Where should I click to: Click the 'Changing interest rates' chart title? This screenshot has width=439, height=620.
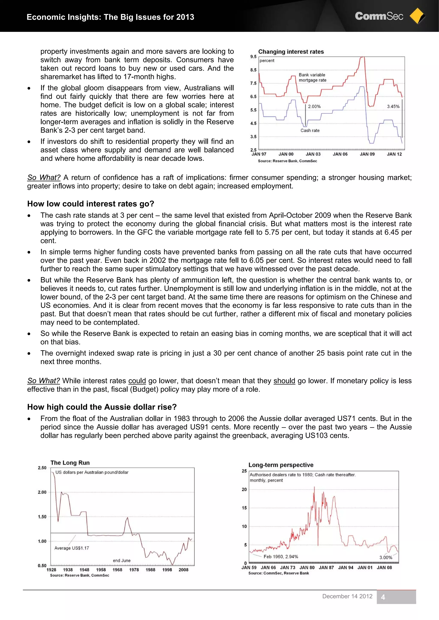click(291, 52)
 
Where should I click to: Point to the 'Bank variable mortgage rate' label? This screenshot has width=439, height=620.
click(312, 77)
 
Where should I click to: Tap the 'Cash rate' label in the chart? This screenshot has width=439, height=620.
click(310, 130)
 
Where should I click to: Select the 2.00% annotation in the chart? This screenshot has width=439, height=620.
click(314, 107)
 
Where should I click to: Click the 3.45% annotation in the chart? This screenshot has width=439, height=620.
click(393, 107)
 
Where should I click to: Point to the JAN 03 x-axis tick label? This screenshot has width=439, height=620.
click(313, 154)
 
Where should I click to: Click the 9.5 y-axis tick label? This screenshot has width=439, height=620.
click(253, 57)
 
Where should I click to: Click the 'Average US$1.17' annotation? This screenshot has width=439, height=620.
click(71, 548)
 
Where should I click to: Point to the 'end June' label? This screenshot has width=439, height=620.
click(122, 560)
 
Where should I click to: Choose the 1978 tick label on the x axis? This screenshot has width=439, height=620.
click(134, 570)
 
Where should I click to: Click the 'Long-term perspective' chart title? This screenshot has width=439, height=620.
click(281, 465)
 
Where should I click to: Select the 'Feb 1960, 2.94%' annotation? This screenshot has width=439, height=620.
click(281, 556)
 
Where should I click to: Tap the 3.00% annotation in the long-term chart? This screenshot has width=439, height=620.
click(385, 557)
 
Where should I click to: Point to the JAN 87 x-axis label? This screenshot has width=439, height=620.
click(326, 568)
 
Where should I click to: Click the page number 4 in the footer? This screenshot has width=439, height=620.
click(383, 597)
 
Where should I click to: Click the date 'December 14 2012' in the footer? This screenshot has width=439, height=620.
click(347, 596)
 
